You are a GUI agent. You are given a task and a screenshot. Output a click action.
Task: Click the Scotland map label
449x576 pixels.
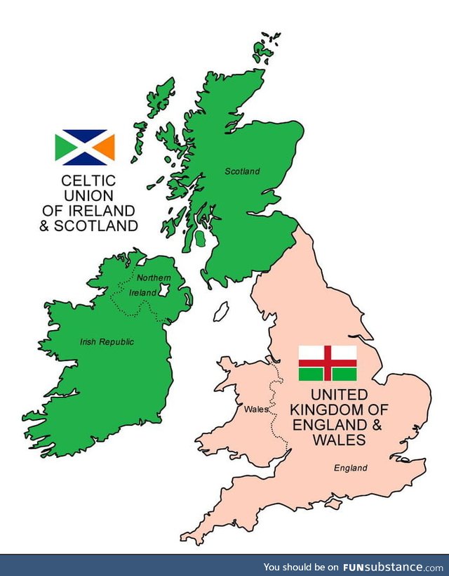coord(242,171)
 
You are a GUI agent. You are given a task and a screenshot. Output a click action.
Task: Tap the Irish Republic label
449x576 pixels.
coord(107,342)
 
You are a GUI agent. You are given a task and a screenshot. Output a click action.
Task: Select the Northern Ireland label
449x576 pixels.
coord(151,285)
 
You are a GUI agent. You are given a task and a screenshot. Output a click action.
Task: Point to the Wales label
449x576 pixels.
coord(255,409)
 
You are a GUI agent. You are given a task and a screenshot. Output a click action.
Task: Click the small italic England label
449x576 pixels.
coord(350,468)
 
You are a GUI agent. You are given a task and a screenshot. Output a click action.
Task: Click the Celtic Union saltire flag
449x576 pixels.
coord(85,148)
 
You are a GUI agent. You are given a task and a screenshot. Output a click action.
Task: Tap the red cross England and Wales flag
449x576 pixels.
coord(328,363)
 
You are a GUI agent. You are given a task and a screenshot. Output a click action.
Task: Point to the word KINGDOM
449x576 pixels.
coord(328,410)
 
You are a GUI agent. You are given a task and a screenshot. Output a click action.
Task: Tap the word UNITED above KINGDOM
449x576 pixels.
coord(329,394)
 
